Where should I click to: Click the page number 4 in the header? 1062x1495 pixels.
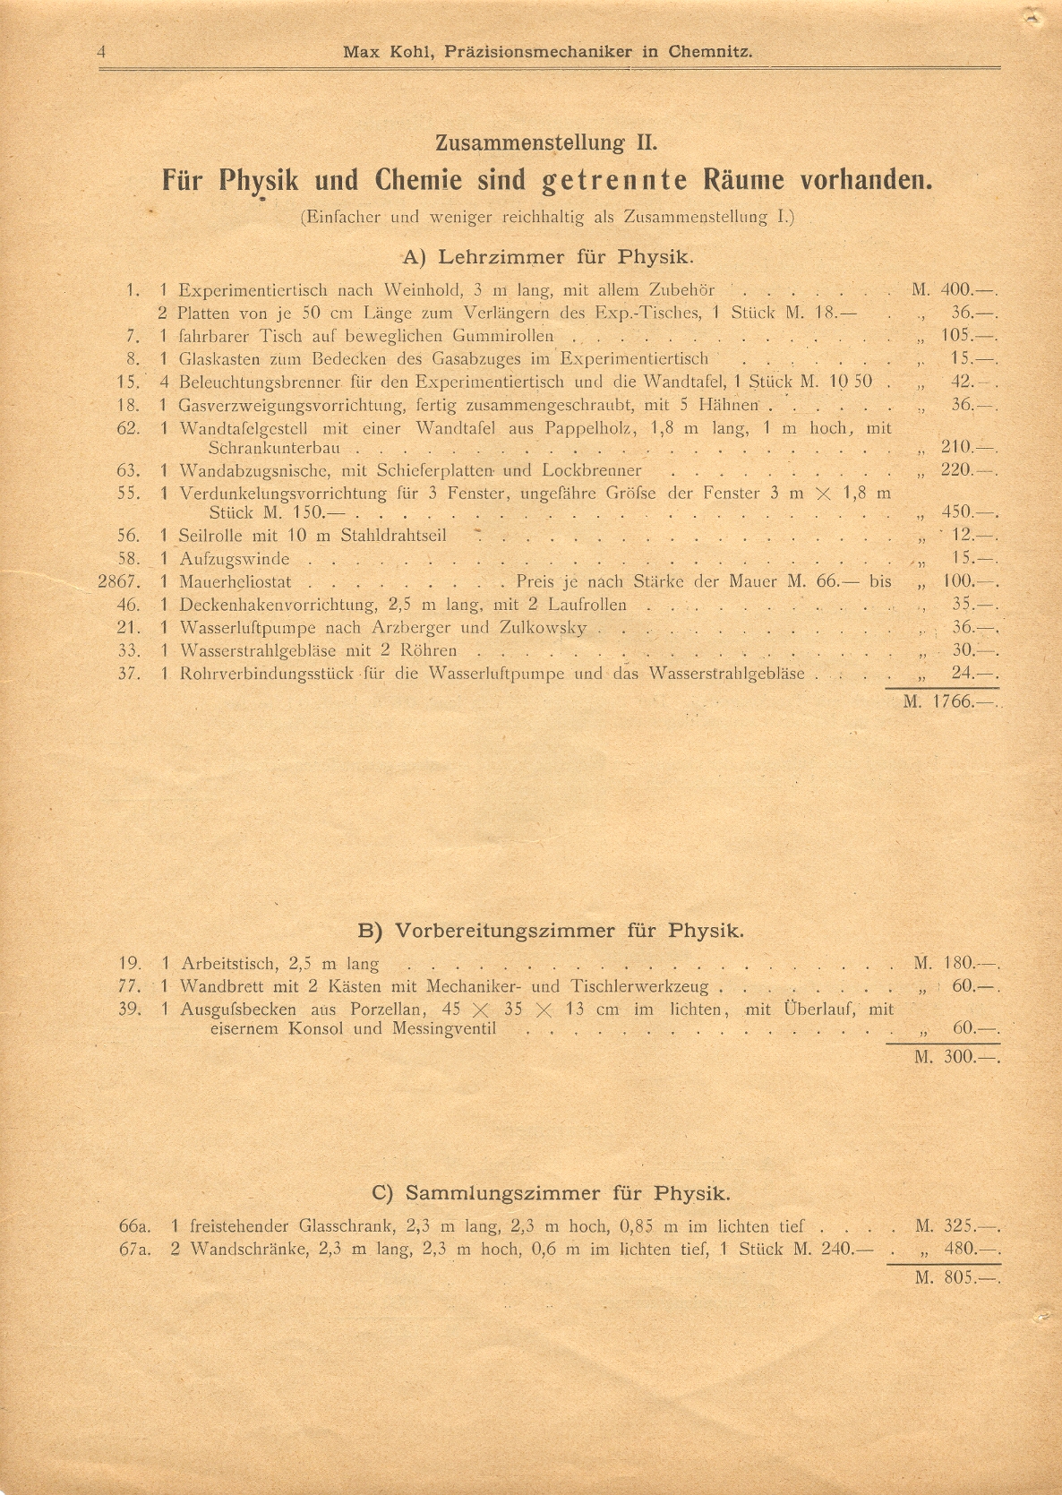point(102,52)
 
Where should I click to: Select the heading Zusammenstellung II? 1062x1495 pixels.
point(546,142)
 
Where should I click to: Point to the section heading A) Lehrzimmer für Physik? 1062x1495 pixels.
point(548,258)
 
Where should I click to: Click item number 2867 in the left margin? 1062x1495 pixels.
point(119,581)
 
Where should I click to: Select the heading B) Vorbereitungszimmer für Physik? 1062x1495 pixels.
point(551,931)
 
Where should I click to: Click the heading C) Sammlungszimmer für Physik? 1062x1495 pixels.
point(551,1193)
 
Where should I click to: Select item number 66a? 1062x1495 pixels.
point(133,1226)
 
